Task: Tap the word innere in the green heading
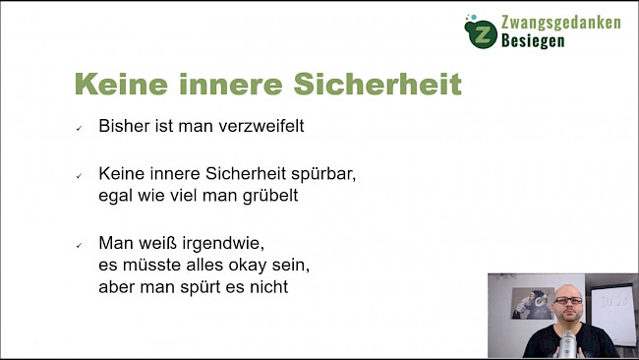[233, 84]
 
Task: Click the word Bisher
[122, 127]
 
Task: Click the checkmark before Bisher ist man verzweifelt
[79, 129]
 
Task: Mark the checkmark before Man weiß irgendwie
[79, 245]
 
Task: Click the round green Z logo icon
[481, 31]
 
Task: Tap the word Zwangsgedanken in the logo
[560, 22]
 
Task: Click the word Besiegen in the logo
[533, 41]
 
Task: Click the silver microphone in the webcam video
[567, 343]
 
